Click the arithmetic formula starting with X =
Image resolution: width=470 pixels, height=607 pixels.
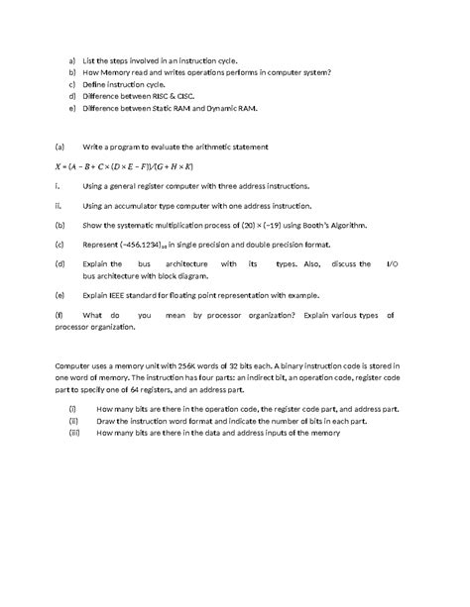click(124, 165)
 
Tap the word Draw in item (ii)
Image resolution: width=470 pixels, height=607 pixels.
click(106, 420)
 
